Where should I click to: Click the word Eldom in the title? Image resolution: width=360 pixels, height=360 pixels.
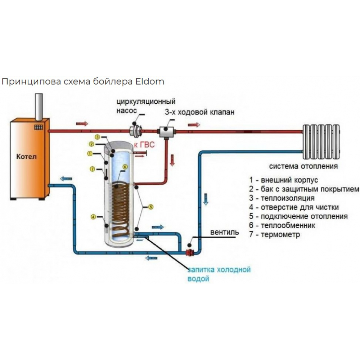pos(150,81)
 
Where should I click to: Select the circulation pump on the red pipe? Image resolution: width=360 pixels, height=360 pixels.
pos(137,130)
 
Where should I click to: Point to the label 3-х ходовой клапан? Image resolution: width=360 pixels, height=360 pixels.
pos(199,112)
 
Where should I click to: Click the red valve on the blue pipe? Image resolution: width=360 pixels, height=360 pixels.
pos(189,252)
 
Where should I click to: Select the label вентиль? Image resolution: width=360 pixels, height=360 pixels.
pos(225,232)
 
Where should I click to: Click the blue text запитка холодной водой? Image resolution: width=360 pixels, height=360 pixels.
pos(218,274)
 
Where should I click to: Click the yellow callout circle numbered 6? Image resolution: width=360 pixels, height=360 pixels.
pos(125,167)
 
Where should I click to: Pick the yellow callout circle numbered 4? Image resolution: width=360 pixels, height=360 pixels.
pos(93,217)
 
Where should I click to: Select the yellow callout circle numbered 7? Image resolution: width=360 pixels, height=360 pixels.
pos(93,169)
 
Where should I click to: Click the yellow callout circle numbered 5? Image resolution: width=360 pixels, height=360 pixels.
pos(150,207)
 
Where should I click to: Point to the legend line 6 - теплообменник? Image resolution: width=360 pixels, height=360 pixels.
pos(282,226)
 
